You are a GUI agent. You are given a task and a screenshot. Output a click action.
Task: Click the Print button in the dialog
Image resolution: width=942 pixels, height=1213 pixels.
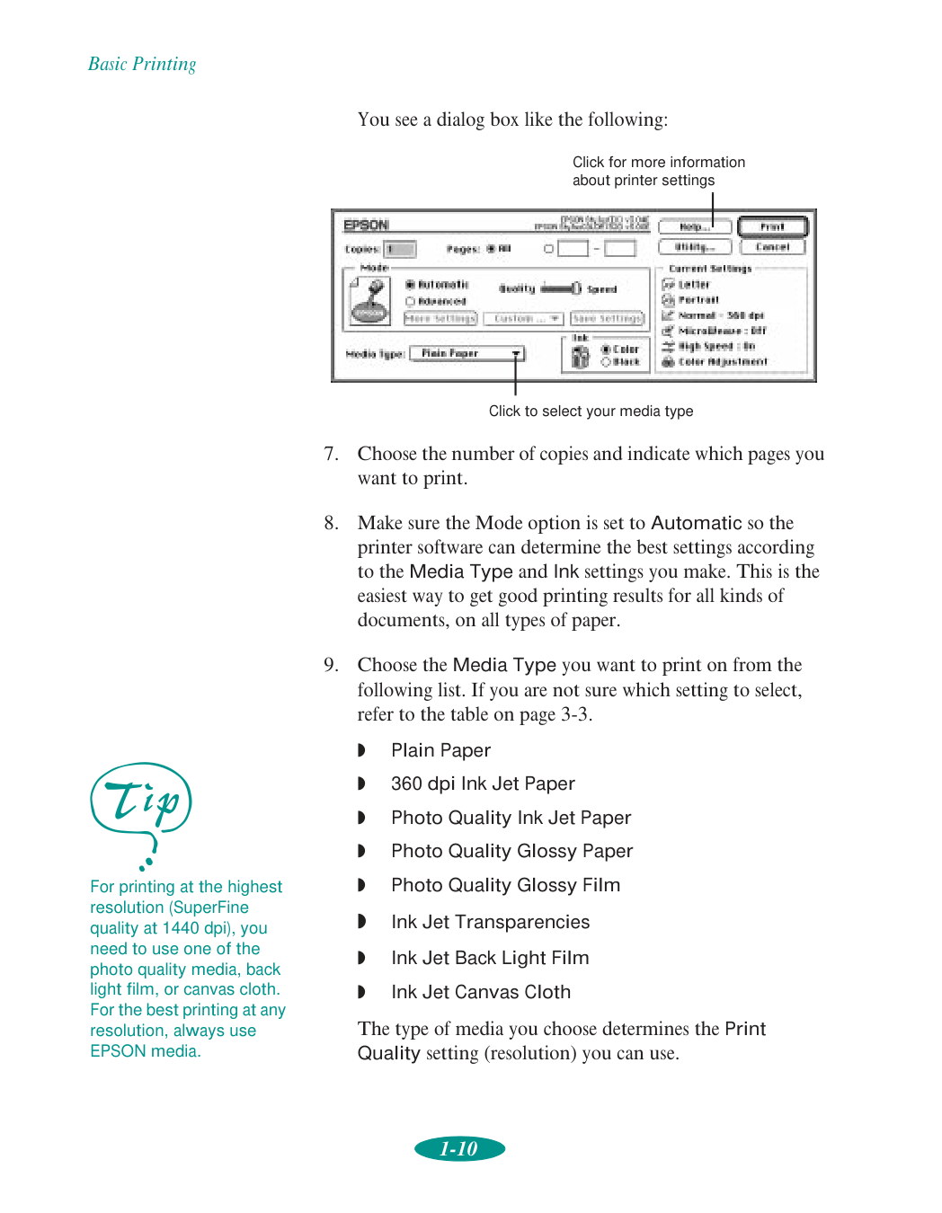coord(772,226)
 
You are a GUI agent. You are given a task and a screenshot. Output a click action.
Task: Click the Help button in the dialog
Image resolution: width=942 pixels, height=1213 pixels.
coord(694,227)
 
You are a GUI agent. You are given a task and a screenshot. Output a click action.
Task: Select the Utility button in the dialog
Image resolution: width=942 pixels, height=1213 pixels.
coord(694,247)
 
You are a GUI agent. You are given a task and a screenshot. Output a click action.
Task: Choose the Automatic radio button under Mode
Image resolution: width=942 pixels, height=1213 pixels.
coord(411,285)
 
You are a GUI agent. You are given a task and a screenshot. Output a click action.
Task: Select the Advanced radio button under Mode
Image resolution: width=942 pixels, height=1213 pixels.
coord(411,302)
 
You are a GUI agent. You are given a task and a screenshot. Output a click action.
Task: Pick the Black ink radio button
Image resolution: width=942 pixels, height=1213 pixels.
coord(607,362)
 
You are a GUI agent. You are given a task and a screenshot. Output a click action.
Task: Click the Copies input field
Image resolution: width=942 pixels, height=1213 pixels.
coord(400,250)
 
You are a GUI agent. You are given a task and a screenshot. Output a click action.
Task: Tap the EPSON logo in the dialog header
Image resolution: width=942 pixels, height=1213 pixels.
coord(366,225)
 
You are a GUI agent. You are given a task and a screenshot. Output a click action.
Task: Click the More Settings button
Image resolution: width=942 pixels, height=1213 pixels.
coord(440,319)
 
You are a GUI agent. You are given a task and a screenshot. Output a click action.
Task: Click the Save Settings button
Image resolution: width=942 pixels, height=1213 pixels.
coord(608,319)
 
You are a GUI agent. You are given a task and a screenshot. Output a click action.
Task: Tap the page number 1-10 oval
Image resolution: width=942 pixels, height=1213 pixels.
coord(459,1149)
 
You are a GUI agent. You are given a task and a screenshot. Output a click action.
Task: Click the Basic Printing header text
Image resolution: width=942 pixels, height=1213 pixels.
coord(142,64)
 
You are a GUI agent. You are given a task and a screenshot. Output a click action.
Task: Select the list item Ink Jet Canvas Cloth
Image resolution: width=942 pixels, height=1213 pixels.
coord(481,992)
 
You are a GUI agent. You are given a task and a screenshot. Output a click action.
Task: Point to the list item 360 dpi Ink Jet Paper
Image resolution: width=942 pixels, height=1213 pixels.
coord(483,784)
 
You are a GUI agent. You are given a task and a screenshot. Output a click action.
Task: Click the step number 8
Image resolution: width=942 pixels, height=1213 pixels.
coord(332,523)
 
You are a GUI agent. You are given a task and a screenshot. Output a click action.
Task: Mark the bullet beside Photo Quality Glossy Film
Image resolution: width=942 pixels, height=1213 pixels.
coord(361,885)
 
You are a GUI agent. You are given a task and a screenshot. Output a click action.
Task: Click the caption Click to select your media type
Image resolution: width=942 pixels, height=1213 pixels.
coord(591,412)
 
